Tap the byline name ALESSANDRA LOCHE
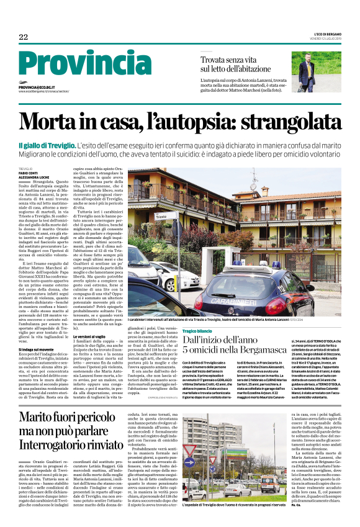[34, 176]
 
